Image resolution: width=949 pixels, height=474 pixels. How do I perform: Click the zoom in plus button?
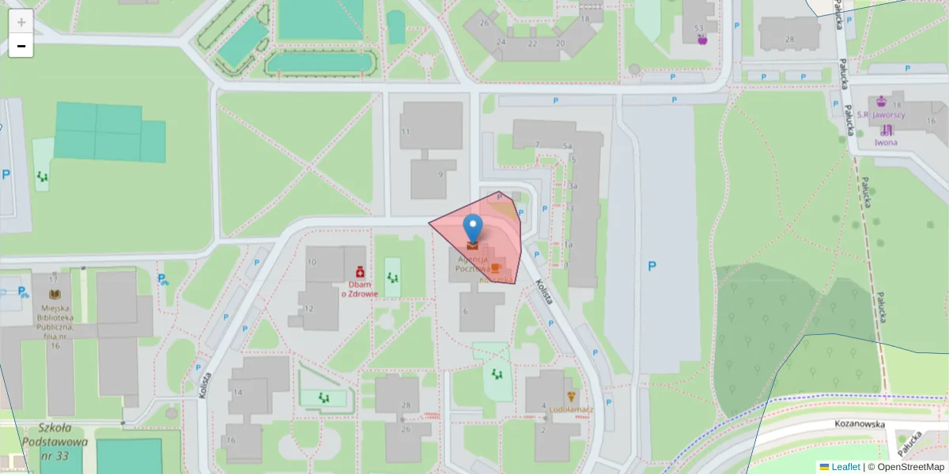pyautogui.click(x=21, y=21)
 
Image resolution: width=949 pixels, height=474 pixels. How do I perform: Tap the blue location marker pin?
pyautogui.click(x=473, y=228)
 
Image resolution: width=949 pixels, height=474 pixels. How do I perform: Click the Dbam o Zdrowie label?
pyautogui.click(x=359, y=288)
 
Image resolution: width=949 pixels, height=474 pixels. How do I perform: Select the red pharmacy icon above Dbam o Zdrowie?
pyautogui.click(x=359, y=270)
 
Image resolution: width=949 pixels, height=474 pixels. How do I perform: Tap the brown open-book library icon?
pyautogui.click(x=55, y=294)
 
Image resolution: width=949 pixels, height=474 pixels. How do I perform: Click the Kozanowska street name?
pyautogui.click(x=859, y=424)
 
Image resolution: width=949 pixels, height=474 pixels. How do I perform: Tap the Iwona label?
pyautogui.click(x=886, y=142)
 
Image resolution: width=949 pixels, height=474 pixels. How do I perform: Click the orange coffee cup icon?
pyautogui.click(x=496, y=268)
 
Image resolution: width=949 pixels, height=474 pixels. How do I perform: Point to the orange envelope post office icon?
pyautogui.click(x=473, y=246)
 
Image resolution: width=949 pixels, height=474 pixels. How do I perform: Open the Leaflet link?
pyautogui.click(x=845, y=467)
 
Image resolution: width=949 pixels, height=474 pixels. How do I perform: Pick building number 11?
pyautogui.click(x=406, y=131)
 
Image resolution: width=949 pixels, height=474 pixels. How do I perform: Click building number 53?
pyautogui.click(x=699, y=28)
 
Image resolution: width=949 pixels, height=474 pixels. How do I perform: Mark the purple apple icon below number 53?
pyautogui.click(x=702, y=39)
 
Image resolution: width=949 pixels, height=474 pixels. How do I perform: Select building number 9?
pyautogui.click(x=440, y=174)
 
